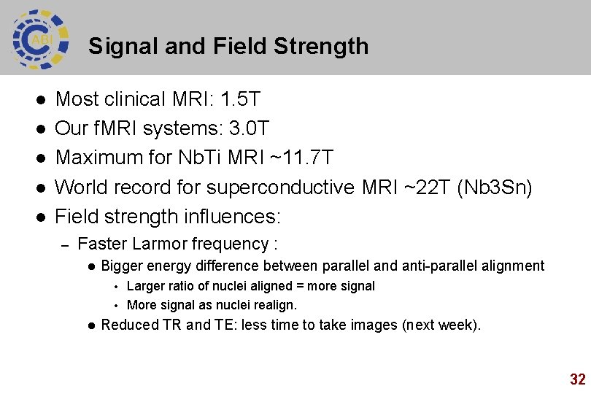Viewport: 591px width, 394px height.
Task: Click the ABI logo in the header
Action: point(41,39)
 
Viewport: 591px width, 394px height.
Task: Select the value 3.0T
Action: point(249,129)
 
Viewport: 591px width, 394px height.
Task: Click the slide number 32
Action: point(577,379)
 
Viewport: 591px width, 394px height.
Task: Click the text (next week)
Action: point(441,325)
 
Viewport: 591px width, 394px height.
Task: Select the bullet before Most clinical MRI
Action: point(42,99)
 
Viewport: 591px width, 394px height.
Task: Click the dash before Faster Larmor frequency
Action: point(64,244)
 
